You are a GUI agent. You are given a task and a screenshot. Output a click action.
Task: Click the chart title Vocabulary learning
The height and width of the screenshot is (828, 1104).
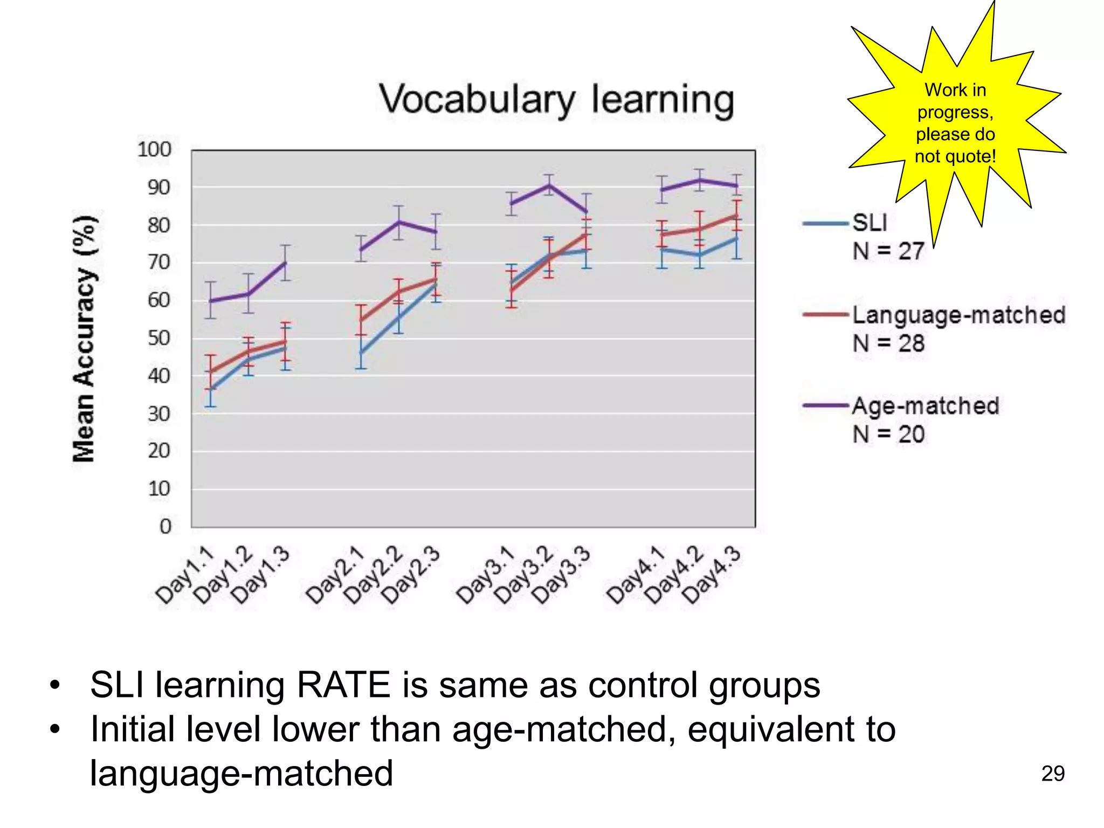(556, 100)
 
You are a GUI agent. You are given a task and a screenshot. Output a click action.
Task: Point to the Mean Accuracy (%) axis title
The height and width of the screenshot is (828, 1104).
(85, 339)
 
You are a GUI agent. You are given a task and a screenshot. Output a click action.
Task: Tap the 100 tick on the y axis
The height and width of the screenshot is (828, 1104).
(154, 149)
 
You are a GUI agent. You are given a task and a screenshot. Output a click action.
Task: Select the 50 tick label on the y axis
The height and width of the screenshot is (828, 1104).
(159, 339)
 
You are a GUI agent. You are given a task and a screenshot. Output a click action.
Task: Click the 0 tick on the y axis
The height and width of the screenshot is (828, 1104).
(165, 526)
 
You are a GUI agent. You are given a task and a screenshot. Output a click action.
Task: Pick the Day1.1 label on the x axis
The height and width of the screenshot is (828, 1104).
(185, 575)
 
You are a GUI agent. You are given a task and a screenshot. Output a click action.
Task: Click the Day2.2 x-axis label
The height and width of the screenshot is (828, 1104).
(374, 575)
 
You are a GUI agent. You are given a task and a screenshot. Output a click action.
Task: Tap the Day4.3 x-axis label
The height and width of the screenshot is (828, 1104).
(712, 575)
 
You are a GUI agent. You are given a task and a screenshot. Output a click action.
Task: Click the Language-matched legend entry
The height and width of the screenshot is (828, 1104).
(958, 315)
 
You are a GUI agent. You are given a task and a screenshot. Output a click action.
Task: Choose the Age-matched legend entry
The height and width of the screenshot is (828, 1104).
(925, 406)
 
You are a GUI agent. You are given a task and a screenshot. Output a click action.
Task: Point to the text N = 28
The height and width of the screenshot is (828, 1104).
(888, 343)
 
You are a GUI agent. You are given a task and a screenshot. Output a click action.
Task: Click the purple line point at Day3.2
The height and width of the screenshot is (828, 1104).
(549, 185)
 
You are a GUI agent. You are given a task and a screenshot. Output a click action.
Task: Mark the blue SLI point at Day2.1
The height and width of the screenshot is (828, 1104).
(361, 353)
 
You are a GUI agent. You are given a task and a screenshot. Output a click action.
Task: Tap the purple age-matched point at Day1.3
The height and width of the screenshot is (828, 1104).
(286, 263)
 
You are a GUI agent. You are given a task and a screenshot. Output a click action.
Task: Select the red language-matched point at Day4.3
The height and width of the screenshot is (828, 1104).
(736, 216)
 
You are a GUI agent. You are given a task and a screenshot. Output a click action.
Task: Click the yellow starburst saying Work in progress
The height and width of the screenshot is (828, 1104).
(955, 123)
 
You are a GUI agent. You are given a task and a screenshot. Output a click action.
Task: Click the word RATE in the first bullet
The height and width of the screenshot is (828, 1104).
(343, 685)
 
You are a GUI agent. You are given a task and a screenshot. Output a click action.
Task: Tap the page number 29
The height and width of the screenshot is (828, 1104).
(1052, 774)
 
